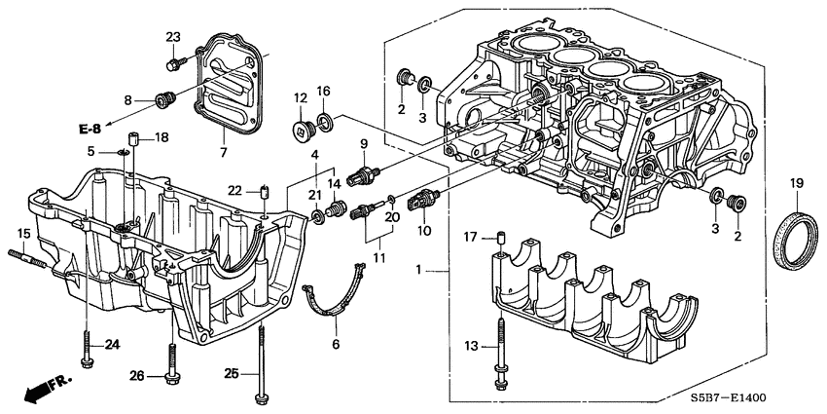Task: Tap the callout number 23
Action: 173,37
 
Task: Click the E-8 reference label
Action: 90,129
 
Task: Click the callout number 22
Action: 234,189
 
